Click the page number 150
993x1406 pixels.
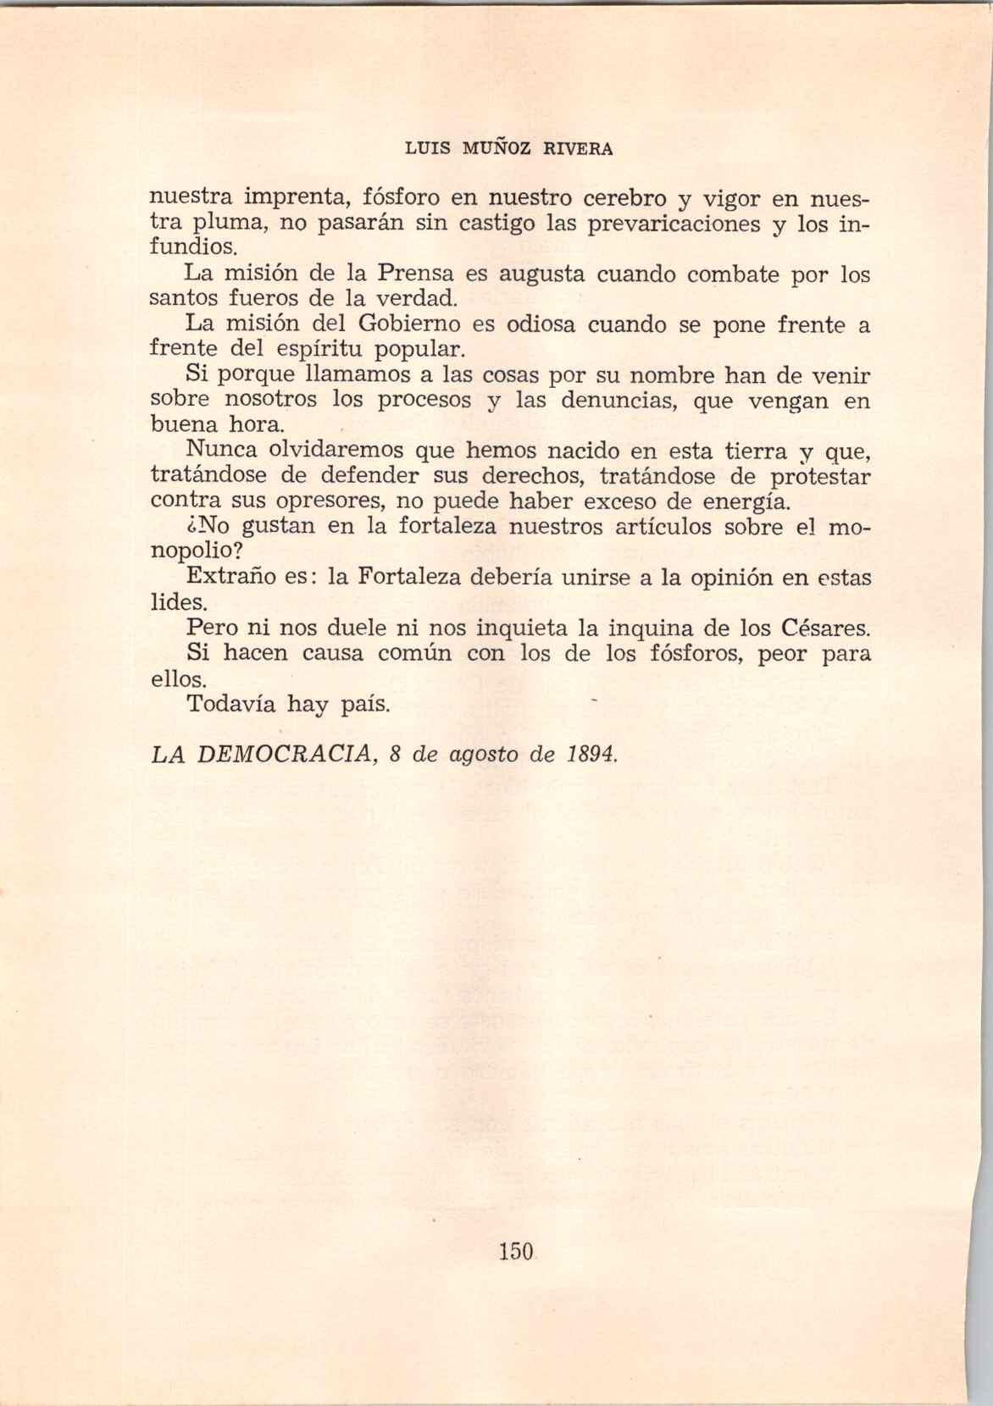tap(514, 1250)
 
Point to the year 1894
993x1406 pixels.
tap(590, 755)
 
